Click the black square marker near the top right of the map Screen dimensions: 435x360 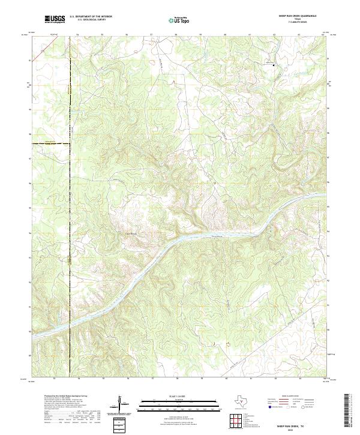275,64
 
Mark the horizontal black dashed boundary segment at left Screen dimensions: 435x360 50,143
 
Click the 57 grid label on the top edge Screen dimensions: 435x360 152,35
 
